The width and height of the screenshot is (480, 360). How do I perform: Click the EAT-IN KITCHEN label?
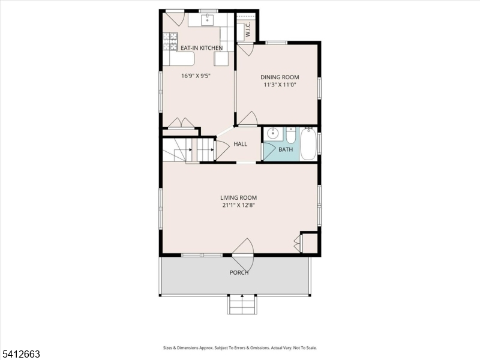coord(202,48)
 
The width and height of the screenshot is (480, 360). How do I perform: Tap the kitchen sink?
coord(208,20)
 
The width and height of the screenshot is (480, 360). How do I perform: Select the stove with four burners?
coord(170,41)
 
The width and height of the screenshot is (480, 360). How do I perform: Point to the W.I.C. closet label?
coord(248,29)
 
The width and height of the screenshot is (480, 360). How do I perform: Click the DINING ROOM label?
coord(280,77)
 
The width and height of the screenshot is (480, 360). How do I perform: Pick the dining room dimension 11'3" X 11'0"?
coord(280,85)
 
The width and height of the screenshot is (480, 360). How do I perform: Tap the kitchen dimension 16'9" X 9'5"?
coord(196,76)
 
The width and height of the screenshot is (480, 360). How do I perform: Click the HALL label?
coord(241,144)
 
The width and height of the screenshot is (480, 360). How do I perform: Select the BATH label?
coord(286,149)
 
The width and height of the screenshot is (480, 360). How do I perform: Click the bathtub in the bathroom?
coord(308,144)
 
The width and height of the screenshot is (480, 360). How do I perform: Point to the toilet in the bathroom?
coord(291,136)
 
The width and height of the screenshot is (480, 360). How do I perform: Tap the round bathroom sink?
coord(272,133)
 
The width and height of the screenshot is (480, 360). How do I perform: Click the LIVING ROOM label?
coord(238,198)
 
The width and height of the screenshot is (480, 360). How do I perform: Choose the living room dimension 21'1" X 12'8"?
coord(238,205)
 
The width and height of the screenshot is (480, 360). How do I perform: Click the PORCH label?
coord(239,272)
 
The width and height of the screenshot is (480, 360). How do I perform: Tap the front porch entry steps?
coord(242,305)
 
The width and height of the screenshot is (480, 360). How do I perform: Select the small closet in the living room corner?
coord(309,244)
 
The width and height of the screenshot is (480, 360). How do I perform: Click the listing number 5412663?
coord(20,354)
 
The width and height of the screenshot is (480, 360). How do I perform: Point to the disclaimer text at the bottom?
coord(239,348)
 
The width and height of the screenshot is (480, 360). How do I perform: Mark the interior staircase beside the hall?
coord(188,149)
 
